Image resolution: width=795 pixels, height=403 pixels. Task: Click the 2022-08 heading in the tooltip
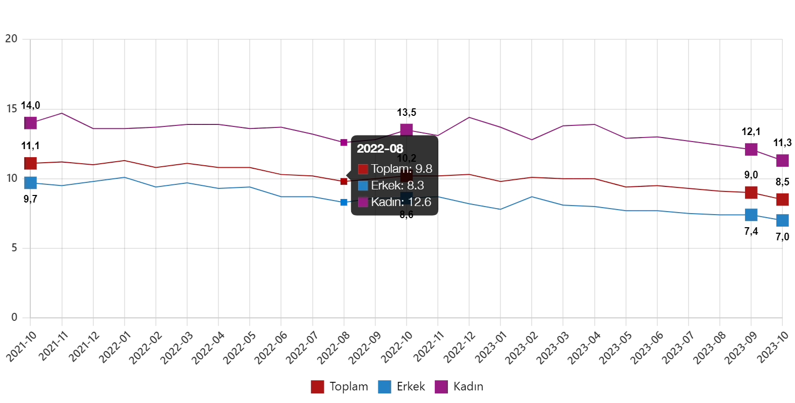tap(380, 149)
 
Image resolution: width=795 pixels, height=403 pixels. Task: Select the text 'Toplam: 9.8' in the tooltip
tap(401, 169)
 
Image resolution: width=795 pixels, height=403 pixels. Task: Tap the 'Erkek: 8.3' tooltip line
tap(397, 185)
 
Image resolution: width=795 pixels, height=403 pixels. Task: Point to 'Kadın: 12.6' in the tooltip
tap(401, 202)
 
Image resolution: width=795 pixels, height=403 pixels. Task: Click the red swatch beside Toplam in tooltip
tap(363, 169)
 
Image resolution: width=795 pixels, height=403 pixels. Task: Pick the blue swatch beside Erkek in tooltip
tap(363, 186)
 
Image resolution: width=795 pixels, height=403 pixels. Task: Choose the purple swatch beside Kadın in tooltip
tap(363, 203)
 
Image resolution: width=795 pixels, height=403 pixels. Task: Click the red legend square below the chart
tap(318, 387)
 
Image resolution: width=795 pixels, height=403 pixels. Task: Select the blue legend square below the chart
tap(383, 387)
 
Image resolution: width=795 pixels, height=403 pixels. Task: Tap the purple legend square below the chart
tap(440, 387)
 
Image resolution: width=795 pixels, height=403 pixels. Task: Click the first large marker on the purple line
tap(31, 123)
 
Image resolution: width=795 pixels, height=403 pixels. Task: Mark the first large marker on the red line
tap(31, 163)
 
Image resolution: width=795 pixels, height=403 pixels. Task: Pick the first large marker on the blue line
tap(31, 182)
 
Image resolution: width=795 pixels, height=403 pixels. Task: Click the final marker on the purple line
tap(782, 161)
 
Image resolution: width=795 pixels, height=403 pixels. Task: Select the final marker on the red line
tap(782, 199)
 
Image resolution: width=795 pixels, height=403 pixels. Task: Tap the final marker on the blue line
tap(782, 221)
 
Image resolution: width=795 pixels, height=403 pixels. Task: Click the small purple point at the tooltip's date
tap(345, 143)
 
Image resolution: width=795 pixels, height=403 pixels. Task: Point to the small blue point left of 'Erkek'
tap(345, 203)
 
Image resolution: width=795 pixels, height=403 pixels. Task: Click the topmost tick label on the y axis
tap(12, 38)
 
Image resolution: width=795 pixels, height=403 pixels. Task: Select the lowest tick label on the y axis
tap(14, 317)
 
